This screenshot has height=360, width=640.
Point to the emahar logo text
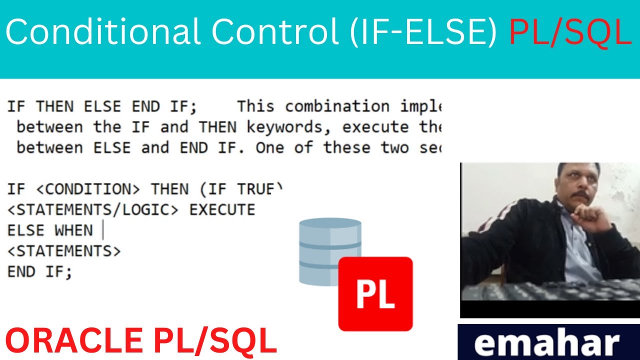coord(547,343)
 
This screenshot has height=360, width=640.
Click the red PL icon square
coord(375,294)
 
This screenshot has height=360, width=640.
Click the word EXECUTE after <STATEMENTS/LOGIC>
coord(222,210)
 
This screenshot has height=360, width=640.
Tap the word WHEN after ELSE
coord(74,230)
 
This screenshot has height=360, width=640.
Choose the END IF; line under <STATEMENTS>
coord(39,272)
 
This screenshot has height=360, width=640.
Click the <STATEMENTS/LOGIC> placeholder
coord(93,210)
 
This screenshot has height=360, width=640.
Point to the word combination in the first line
coord(337,106)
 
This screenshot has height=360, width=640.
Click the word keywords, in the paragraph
coord(289,127)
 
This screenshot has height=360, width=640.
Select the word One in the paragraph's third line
coord(270,148)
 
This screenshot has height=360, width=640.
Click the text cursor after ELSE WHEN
coord(102,230)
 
